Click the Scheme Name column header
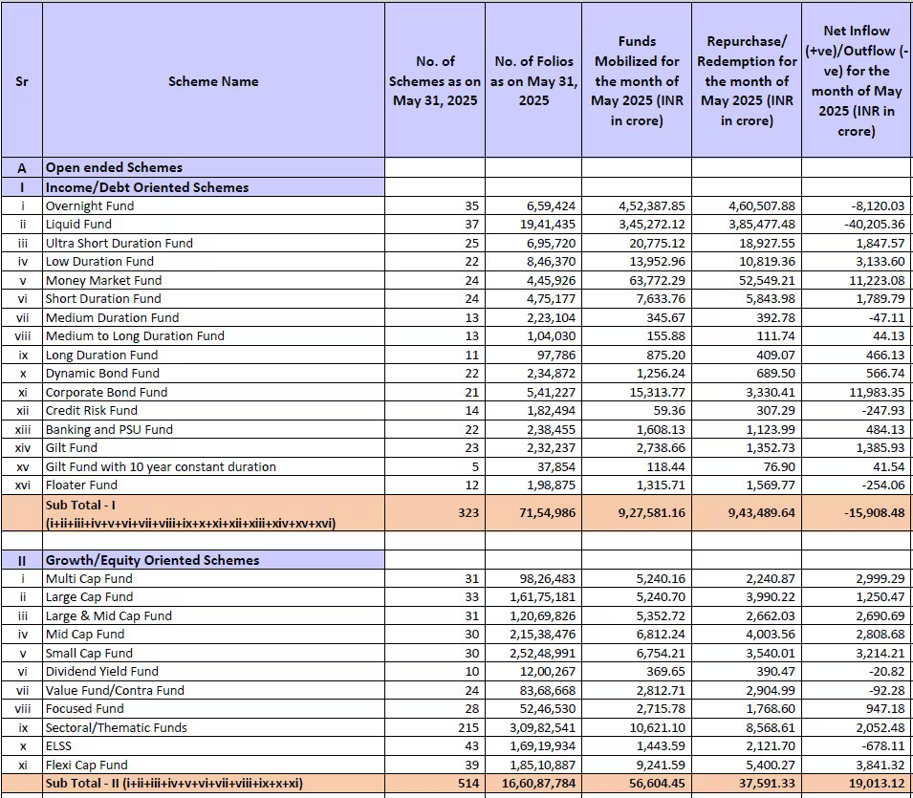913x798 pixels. [x=213, y=81]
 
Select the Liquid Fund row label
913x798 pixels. [x=78, y=225]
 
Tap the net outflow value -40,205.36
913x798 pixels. [x=873, y=225]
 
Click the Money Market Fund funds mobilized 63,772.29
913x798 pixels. [x=652, y=281]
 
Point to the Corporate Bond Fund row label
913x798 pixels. [x=106, y=392]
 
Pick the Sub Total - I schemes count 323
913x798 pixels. [x=468, y=513]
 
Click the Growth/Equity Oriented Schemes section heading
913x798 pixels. [x=153, y=561]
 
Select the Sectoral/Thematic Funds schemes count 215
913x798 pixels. [x=468, y=727]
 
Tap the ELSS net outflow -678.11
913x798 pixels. [x=884, y=746]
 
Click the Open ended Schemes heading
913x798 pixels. [x=114, y=167]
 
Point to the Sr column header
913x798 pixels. [x=22, y=81]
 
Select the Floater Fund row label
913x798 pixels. [x=81, y=485]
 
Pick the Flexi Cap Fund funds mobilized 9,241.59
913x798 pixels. [x=658, y=765]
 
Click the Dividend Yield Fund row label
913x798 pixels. [x=102, y=672]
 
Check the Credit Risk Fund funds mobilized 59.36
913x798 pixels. [x=669, y=411]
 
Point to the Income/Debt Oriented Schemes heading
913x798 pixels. [x=147, y=187]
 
